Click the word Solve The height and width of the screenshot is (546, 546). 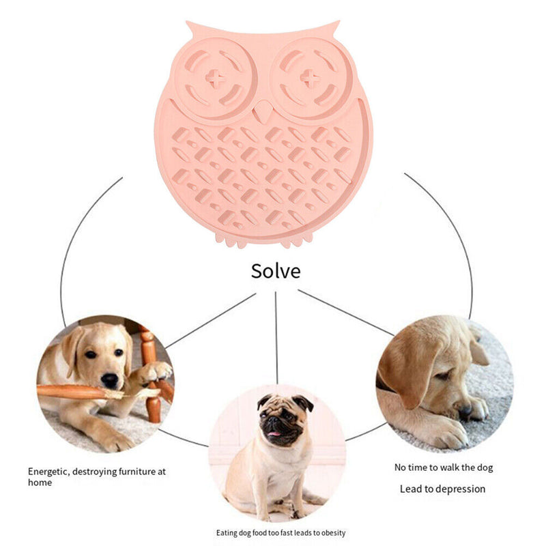[x=275, y=271]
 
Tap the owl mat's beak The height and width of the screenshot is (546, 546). [x=263, y=112]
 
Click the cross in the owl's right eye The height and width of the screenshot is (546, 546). [x=309, y=79]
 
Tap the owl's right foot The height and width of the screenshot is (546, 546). [x=297, y=241]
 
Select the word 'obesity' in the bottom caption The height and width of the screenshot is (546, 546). [x=331, y=532]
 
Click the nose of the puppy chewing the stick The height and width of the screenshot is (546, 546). [x=109, y=379]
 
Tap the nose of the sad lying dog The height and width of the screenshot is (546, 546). [x=465, y=412]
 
